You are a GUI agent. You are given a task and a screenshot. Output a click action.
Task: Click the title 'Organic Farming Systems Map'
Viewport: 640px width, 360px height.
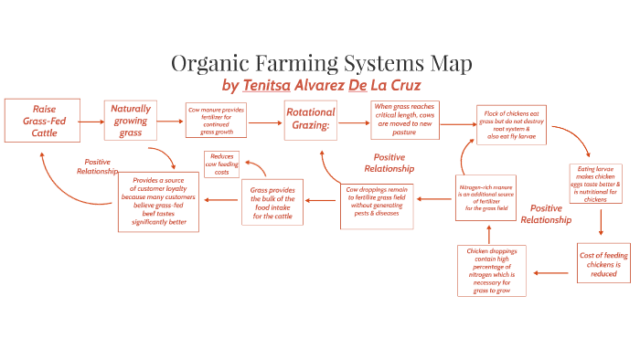point(322,64)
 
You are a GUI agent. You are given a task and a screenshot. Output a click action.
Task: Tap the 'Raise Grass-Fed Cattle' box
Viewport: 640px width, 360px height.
point(38,122)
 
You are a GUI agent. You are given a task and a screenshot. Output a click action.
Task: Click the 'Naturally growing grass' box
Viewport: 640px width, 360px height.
point(131,121)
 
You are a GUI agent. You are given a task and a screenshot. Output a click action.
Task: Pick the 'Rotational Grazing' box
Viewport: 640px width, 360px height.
point(311,121)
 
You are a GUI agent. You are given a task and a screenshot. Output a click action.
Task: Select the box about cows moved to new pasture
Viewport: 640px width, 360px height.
point(404,120)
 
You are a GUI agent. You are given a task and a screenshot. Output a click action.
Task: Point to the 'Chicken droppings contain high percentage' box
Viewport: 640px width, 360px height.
point(491,270)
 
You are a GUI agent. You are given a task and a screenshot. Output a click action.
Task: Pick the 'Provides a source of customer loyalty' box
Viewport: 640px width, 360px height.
point(159,201)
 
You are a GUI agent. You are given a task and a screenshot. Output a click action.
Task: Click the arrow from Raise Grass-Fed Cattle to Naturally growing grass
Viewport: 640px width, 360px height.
point(90,121)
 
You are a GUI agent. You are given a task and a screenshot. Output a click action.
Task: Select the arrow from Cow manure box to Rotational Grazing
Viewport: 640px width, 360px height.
point(264,122)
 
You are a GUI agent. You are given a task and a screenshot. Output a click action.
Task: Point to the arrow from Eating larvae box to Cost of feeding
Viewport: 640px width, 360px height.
point(601,224)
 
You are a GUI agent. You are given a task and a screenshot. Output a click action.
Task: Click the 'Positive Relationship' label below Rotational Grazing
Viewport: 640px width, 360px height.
point(389,163)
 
